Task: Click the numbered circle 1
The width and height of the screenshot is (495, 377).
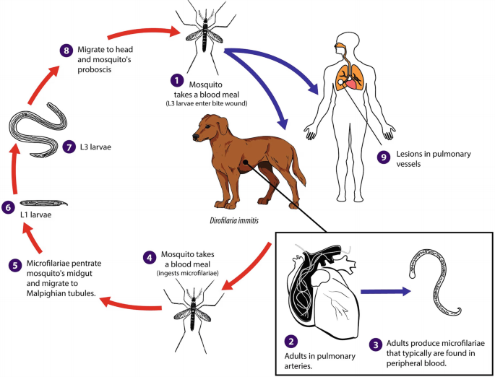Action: (x=173, y=79)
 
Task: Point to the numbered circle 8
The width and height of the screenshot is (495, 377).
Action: (x=66, y=50)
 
